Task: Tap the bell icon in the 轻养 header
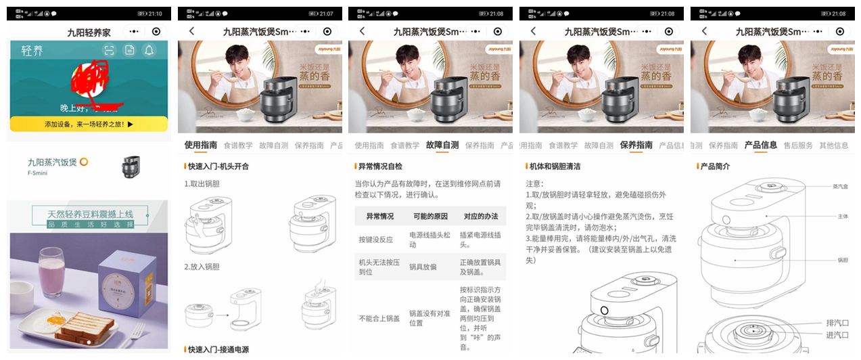click(149, 50)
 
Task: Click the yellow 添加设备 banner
click(89, 124)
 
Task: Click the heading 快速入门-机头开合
click(218, 166)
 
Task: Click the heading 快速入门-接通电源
click(218, 350)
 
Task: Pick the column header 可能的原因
click(431, 217)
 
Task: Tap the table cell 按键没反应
click(375, 240)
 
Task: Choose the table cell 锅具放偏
click(425, 268)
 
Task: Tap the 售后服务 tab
click(798, 145)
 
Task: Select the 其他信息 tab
click(833, 145)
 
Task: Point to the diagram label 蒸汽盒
click(840, 186)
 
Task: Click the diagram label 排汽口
click(837, 323)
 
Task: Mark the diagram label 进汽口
click(837, 335)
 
